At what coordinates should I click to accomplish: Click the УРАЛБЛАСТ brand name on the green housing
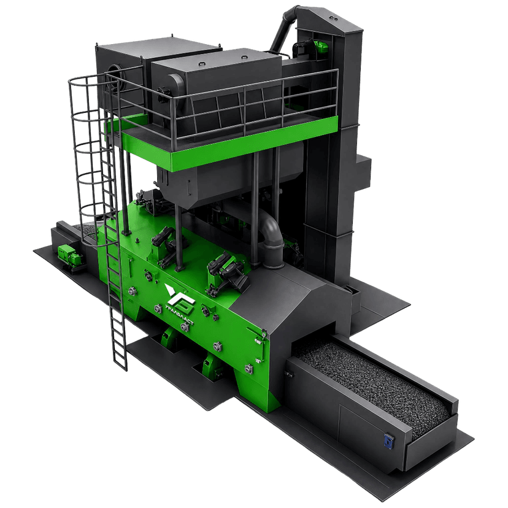click(179, 315)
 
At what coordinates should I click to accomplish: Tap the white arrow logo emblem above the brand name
click(179, 296)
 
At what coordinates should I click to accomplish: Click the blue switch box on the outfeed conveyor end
click(389, 441)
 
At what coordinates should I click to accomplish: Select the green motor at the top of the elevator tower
click(320, 47)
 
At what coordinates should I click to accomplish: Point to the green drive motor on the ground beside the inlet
click(71, 256)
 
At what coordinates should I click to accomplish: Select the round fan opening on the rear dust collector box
click(115, 77)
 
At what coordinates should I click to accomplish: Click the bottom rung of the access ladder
click(120, 366)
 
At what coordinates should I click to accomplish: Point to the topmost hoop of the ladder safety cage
click(88, 79)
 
